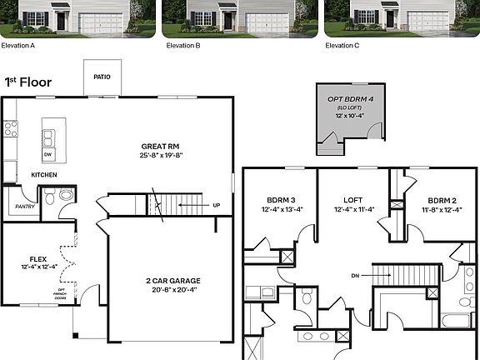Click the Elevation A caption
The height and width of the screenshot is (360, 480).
pyautogui.click(x=18, y=46)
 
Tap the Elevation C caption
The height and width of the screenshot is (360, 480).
pyautogui.click(x=342, y=46)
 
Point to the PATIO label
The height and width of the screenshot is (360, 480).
pyautogui.click(x=102, y=77)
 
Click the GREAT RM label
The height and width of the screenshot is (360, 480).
pyautogui.click(x=156, y=147)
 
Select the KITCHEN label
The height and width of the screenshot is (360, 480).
pyautogui.click(x=44, y=175)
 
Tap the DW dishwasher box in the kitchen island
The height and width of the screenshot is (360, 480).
pyautogui.click(x=47, y=154)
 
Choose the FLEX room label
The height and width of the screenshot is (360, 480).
pyautogui.click(x=38, y=259)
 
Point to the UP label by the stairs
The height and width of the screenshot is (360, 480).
pyautogui.click(x=217, y=204)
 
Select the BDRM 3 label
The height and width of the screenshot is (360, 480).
pyautogui.click(x=280, y=200)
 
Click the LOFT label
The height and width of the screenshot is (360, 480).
pyautogui.click(x=352, y=200)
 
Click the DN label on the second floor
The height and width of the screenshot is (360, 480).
pyautogui.click(x=355, y=275)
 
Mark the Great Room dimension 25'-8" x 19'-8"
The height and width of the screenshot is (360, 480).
pyautogui.click(x=156, y=156)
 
